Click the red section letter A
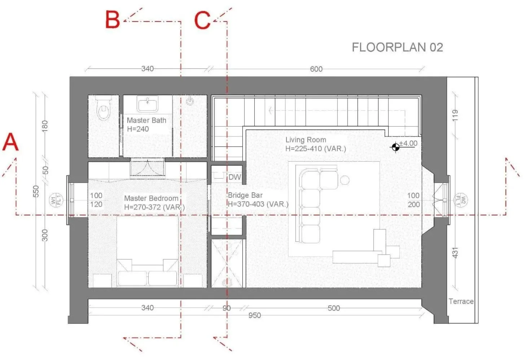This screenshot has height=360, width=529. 10,142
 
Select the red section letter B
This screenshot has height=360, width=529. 113,19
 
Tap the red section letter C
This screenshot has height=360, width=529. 202,20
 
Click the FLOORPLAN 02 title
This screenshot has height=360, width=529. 397,47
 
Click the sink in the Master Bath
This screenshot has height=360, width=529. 148,104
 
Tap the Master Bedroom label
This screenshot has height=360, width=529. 151,198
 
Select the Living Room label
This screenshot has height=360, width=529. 306,140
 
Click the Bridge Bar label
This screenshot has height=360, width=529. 245,195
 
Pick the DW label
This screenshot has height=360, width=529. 235,177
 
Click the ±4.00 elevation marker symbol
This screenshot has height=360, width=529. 395,147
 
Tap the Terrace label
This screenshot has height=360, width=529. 461,302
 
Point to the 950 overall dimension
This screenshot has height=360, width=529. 255,315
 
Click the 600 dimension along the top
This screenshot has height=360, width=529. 316,69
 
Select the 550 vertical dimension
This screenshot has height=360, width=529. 36,191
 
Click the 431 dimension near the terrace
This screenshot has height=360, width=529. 455,253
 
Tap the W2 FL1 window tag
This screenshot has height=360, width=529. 461,200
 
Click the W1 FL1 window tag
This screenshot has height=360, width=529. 56,200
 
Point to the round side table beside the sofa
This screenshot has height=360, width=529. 345,180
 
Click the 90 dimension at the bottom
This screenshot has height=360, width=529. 227,308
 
